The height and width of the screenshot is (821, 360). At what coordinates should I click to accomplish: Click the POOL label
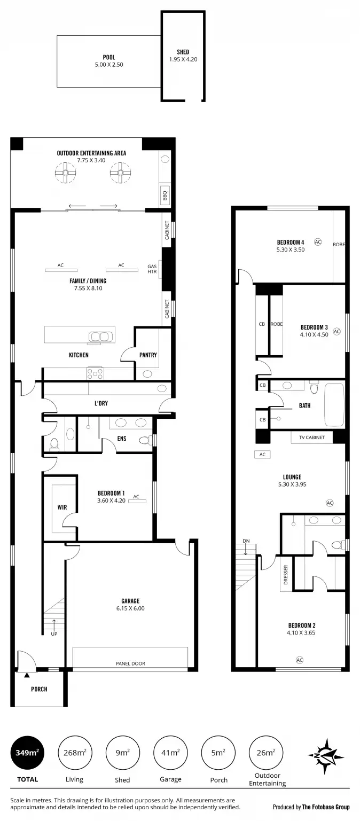109,57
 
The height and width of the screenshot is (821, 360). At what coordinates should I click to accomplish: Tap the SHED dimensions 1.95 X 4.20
183,59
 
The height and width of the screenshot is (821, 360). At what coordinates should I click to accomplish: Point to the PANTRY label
148,355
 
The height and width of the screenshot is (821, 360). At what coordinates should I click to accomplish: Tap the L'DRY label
101,403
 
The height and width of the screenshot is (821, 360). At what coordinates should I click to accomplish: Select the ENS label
122,440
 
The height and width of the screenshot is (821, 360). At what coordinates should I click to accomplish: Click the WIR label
62,507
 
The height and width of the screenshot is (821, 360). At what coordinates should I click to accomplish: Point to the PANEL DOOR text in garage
130,663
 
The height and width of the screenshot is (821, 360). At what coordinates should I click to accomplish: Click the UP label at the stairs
54,634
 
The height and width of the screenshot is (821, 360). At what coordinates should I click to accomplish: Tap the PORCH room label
39,689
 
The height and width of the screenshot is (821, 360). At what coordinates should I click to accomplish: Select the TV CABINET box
311,437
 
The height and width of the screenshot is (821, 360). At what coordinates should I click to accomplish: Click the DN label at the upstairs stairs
246,541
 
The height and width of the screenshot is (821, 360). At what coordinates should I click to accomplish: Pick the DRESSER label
286,575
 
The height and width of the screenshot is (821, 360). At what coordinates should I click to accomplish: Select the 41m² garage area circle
170,753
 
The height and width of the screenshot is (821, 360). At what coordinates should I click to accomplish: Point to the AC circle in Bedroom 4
318,242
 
